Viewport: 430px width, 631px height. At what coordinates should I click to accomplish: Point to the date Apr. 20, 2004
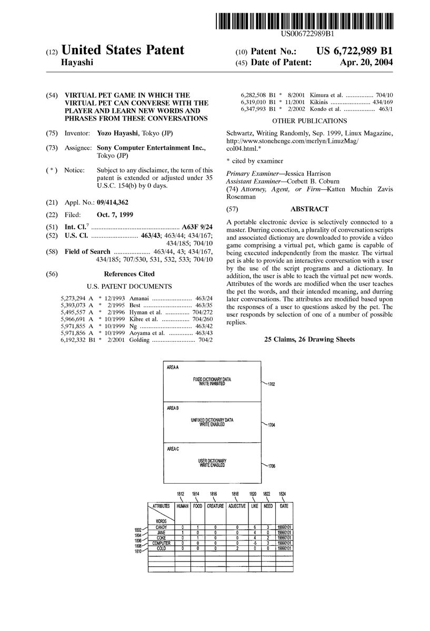[368, 62]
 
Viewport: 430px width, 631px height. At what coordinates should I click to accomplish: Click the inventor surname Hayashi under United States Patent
[77, 62]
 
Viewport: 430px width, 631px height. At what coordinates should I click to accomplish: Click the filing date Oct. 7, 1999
[115, 215]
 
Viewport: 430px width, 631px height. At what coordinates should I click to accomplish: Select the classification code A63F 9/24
[197, 227]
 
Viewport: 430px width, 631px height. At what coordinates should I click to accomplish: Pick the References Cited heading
[129, 274]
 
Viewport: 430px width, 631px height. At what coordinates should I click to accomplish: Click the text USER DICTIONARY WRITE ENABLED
[212, 463]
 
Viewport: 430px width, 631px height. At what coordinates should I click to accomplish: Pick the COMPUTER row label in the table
[161, 543]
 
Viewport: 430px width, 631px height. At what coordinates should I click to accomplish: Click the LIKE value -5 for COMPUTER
[254, 543]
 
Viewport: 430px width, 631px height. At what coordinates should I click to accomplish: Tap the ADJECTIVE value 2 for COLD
[237, 548]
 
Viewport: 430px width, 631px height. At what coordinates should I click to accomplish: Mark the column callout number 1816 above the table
[213, 494]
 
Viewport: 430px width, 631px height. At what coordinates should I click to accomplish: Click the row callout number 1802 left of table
[138, 528]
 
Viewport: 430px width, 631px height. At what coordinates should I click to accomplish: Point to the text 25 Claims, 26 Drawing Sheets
[309, 340]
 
